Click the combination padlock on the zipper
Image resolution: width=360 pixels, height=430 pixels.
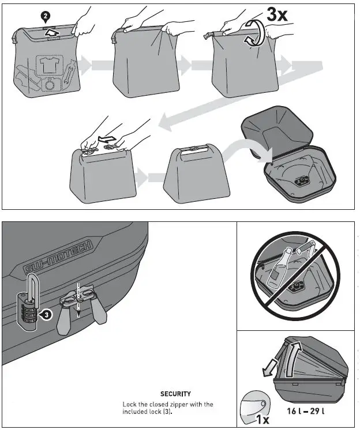[x=27, y=307]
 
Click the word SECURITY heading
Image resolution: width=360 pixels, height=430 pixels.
[x=175, y=394]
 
